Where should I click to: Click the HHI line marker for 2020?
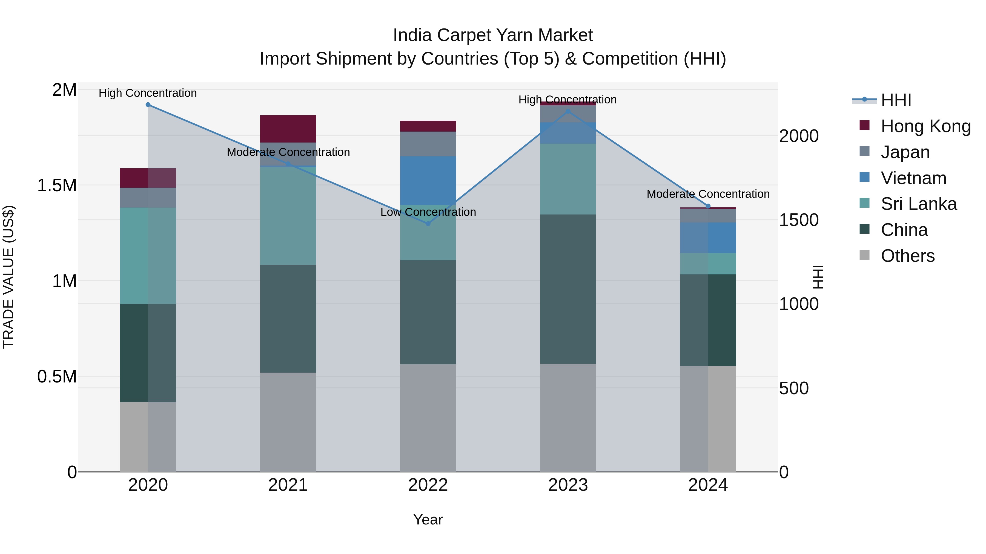pos(148,105)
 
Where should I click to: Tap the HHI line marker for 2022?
pos(428,224)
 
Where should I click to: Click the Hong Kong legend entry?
pos(925,126)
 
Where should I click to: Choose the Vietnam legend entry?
pos(913,178)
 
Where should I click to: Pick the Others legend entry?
pos(907,256)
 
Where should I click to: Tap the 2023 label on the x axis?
pos(568,485)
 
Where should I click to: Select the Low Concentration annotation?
pos(428,212)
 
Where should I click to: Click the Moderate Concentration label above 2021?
pos(288,152)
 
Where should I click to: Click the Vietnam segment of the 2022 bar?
pos(428,181)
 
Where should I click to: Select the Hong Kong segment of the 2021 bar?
pos(288,129)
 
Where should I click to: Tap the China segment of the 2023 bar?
pos(568,289)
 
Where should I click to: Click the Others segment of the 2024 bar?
pos(708,419)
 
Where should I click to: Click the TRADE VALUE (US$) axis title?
pos(8,277)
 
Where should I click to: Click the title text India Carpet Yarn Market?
pos(493,35)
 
